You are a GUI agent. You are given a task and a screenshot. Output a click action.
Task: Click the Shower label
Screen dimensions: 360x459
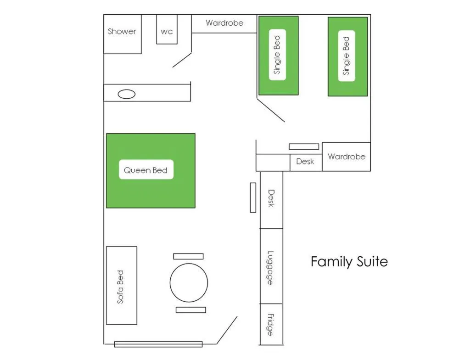122,32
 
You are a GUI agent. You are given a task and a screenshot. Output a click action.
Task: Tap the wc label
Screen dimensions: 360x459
167,32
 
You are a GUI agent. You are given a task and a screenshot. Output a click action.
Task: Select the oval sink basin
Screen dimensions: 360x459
127,94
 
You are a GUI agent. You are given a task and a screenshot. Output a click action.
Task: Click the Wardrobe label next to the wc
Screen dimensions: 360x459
224,23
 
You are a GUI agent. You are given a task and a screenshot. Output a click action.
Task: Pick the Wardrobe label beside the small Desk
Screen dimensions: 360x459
347,157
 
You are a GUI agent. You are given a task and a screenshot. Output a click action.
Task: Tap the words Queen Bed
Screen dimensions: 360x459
146,170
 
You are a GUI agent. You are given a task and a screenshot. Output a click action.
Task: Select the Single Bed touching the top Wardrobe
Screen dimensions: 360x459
278,55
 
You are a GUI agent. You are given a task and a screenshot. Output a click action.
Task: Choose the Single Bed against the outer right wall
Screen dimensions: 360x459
347,56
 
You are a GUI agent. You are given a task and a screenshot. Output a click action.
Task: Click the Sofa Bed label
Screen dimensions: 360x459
121,287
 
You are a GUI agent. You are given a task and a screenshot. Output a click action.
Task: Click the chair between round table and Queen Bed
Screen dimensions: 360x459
188,256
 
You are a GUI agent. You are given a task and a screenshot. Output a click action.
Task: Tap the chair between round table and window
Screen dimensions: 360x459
190,310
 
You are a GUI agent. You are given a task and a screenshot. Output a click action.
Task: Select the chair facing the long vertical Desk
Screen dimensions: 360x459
253,197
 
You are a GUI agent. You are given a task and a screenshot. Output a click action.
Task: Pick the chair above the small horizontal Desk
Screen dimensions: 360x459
304,146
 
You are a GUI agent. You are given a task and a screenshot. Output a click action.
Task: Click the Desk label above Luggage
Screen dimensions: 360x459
271,198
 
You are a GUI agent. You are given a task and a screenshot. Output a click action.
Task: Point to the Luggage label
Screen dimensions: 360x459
271,268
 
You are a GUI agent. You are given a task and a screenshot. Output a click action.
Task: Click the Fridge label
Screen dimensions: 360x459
270,324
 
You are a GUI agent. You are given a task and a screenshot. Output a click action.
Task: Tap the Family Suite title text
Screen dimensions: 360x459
349,262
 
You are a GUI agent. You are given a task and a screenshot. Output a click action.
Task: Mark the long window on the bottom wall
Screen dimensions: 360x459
158,344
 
